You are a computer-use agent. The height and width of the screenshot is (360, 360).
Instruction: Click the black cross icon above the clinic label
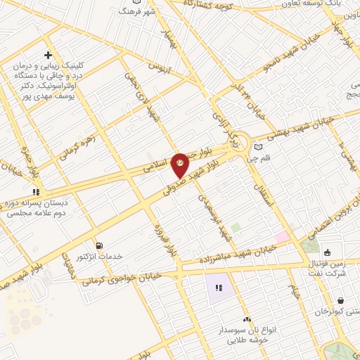click(48, 56)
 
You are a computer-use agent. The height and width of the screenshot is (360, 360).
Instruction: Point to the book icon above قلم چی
click(258, 147)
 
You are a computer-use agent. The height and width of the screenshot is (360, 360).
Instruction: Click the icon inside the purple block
click(219, 287)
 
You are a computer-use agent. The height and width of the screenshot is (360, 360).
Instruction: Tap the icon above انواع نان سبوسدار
click(246, 320)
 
